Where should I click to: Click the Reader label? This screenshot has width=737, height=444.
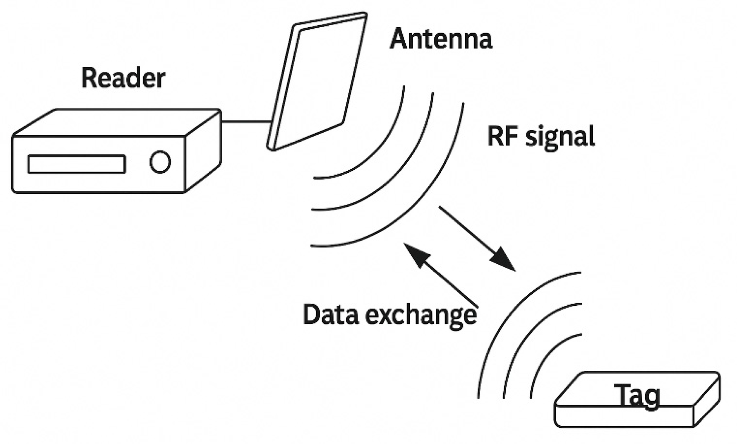[123, 78]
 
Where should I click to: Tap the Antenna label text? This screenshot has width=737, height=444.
[441, 39]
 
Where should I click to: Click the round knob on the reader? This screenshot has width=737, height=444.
[160, 162]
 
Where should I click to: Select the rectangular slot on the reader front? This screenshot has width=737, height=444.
[77, 164]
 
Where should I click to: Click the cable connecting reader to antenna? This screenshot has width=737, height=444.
[246, 121]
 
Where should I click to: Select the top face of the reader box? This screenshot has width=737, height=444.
[117, 122]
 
